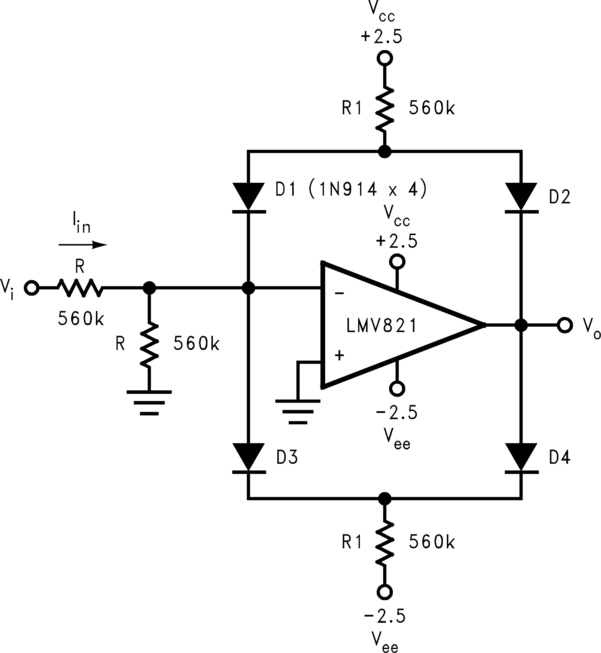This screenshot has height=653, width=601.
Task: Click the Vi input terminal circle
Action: [31, 288]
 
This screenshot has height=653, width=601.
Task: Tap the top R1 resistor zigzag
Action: [385, 109]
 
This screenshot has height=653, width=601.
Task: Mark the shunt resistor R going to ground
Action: [149, 345]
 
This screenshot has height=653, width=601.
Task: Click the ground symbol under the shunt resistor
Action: [149, 403]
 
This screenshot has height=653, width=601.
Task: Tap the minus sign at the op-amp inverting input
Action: [339, 293]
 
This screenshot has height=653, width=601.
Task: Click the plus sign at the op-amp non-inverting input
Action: [339, 356]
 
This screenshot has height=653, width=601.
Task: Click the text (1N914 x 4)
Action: [367, 189]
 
